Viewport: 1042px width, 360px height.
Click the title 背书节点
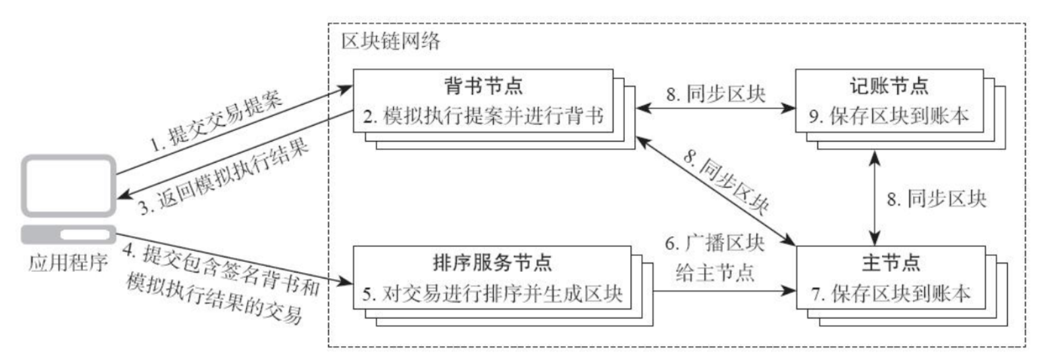point(483,86)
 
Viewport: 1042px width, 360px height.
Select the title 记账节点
point(889,86)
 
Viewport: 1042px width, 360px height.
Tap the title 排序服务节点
point(492,262)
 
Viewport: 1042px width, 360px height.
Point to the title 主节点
point(891,262)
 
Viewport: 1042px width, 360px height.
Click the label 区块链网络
point(391,41)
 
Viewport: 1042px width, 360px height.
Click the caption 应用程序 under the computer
point(67,263)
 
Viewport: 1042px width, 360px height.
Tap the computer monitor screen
point(69,185)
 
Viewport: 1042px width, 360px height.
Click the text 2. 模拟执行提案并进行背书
point(483,116)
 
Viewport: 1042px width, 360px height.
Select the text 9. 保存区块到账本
point(889,116)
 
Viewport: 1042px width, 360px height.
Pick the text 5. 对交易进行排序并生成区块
point(492,293)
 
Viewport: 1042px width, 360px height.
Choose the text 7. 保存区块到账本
point(891,293)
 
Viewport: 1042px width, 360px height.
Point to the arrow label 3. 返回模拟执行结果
point(223,176)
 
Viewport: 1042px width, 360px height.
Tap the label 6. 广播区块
point(714,244)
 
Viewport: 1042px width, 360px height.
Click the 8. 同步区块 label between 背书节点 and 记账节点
point(716,93)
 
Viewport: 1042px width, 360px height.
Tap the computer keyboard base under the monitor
point(68,234)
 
